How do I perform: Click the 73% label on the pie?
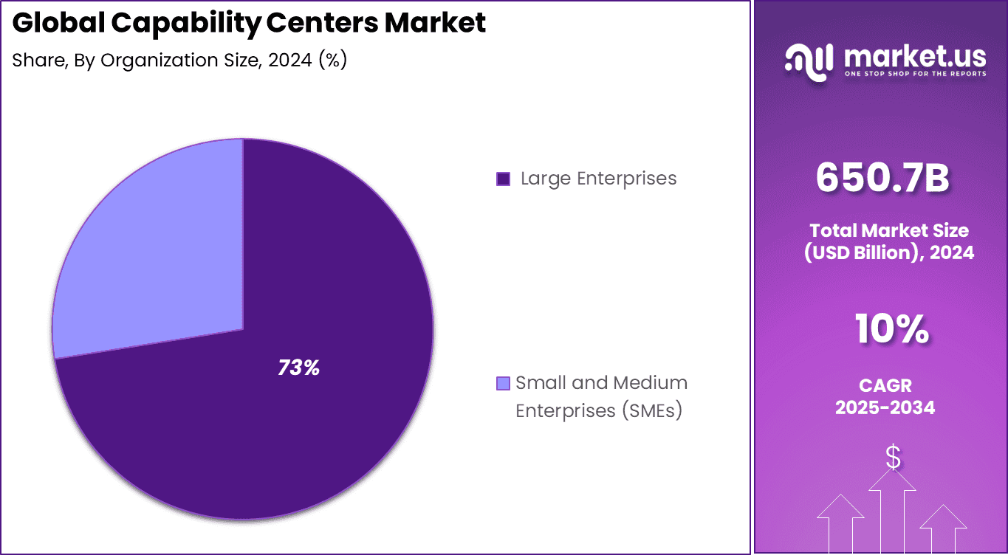[298, 368]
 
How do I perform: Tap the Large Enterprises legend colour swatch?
[503, 179]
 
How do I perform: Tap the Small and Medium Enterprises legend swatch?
[503, 383]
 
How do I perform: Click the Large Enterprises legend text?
[598, 179]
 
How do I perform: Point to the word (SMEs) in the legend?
[650, 410]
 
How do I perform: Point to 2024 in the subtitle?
[290, 61]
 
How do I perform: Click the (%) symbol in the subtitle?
[332, 61]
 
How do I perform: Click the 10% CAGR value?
[891, 329]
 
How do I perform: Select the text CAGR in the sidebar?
[885, 385]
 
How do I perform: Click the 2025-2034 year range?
[885, 407]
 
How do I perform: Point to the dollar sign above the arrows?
[893, 458]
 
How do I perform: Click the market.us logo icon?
[809, 59]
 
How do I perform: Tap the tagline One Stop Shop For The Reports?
[914, 74]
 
